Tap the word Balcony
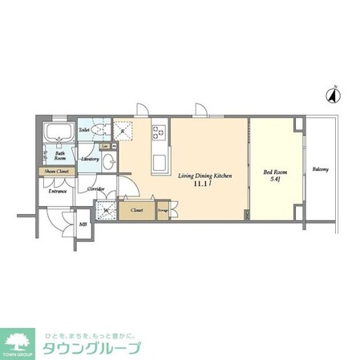[321, 169]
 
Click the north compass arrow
[330, 95]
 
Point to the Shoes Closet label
[55, 172]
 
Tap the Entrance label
[58, 192]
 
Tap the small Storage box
[162, 211]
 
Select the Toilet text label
[84, 128]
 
